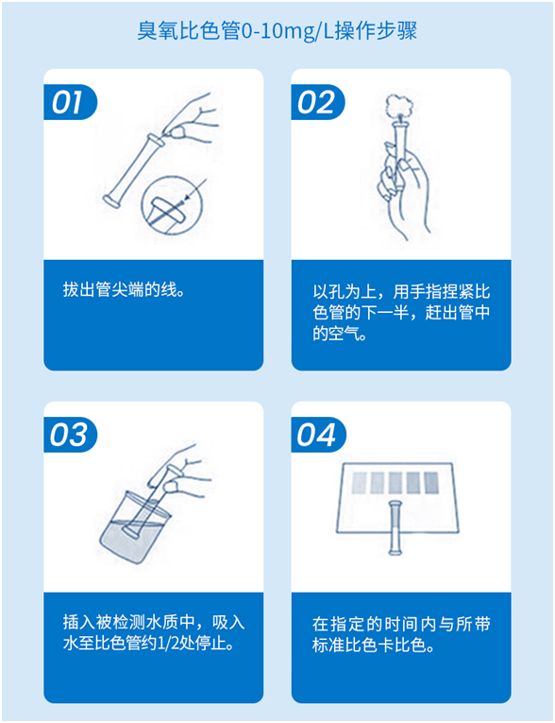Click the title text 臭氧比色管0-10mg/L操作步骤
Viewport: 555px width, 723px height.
tap(277, 31)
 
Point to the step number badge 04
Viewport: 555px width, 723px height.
tap(317, 435)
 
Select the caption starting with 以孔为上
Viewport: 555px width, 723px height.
tap(401, 312)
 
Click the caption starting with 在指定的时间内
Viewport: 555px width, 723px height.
tap(401, 635)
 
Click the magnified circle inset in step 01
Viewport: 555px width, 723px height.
tap(170, 208)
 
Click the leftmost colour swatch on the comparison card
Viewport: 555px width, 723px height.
tap(359, 483)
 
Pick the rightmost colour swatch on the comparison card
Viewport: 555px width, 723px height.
tap(437, 483)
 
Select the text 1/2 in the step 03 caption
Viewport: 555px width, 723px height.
tap(174, 645)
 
